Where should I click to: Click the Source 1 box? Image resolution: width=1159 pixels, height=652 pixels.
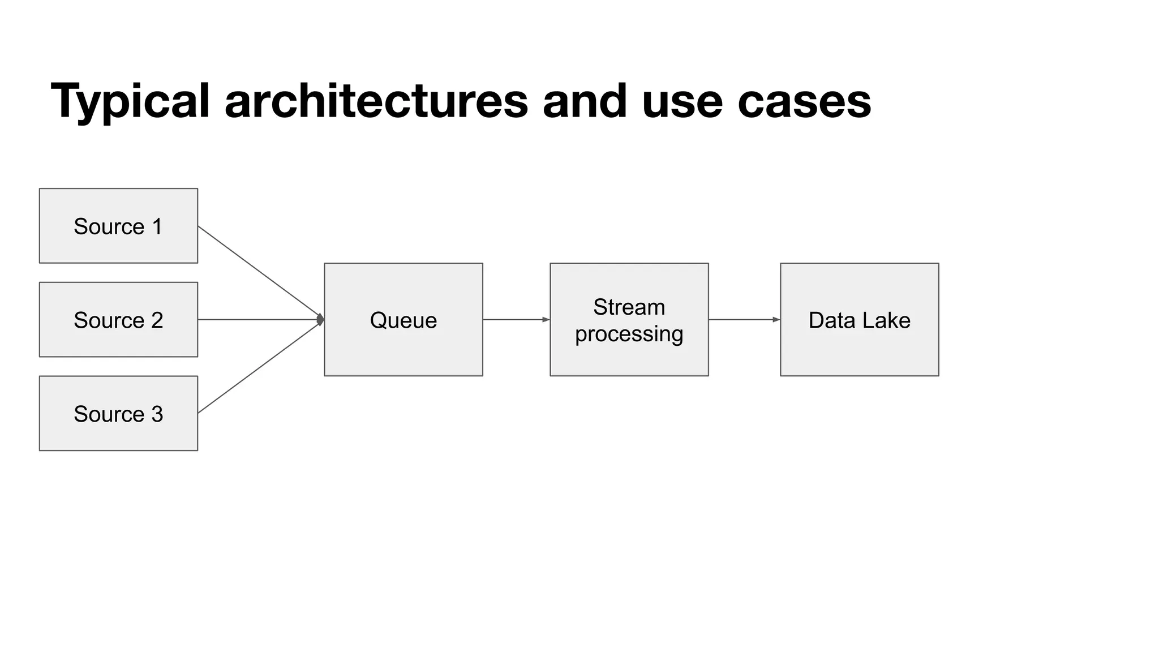point(118,226)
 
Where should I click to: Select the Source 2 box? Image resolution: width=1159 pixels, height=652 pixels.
point(118,320)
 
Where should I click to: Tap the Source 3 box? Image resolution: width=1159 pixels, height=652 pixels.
point(118,414)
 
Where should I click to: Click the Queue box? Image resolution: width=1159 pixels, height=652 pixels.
point(403,320)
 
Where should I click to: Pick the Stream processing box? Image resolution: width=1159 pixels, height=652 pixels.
point(629,320)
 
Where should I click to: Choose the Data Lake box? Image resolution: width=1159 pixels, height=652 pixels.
point(859,320)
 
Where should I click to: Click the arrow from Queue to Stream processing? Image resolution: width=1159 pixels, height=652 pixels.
point(516,320)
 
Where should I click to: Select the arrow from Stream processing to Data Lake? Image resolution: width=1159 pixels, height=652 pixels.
point(744,320)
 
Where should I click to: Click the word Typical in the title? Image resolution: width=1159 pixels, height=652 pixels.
point(130,102)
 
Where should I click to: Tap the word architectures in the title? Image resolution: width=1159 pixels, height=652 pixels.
point(376,102)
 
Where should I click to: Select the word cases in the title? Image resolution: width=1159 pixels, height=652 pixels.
point(804,102)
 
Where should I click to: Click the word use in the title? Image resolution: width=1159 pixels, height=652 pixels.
point(682,102)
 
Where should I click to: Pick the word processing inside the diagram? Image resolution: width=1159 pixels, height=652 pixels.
point(629,334)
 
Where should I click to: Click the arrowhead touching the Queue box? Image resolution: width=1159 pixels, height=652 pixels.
point(320,320)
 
